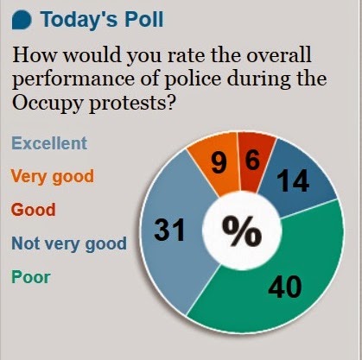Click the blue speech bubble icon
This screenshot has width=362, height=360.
22,21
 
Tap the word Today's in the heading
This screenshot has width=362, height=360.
79,19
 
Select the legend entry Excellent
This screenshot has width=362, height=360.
49,143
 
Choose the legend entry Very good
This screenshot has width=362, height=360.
53,177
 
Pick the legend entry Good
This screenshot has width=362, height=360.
34,210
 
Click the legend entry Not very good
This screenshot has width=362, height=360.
69,243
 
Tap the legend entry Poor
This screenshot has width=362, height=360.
31,277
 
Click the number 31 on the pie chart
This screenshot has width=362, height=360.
169,230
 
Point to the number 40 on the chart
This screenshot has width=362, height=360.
285,287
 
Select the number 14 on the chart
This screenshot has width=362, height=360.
293,180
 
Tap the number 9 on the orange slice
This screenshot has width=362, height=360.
219,163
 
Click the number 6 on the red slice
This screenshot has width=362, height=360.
252,160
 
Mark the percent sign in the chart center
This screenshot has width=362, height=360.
242,231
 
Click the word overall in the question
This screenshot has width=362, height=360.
279,54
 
